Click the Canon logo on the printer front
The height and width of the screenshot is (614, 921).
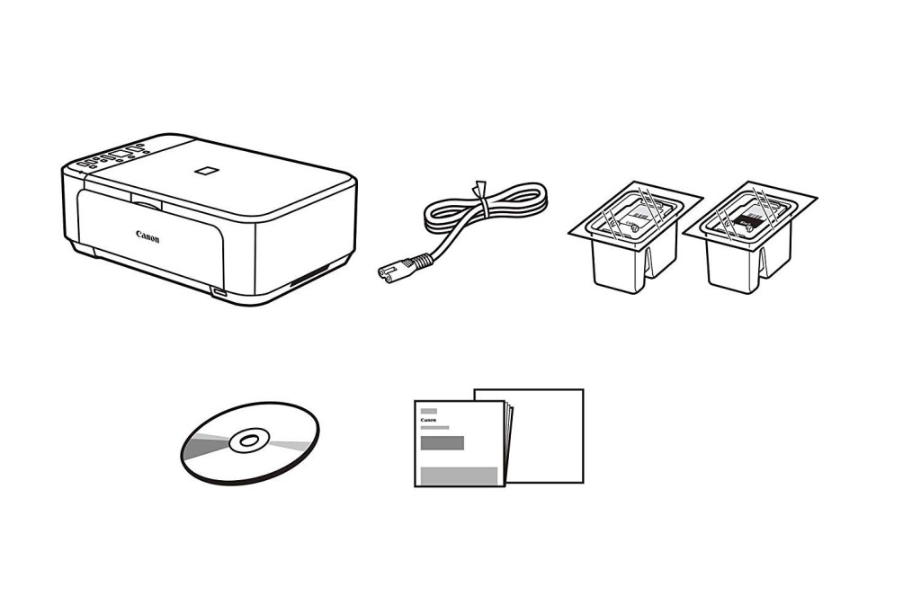click(148, 236)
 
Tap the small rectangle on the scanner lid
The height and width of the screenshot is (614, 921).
click(207, 170)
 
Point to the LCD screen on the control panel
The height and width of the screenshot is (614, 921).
click(120, 155)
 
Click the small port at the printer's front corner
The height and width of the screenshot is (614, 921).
click(219, 292)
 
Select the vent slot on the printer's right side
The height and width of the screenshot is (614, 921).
click(309, 275)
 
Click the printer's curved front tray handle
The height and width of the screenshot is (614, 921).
click(147, 204)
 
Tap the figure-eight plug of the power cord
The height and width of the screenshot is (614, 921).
click(389, 271)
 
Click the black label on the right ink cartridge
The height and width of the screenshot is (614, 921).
click(747, 220)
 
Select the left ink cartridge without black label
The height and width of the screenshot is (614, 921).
click(636, 236)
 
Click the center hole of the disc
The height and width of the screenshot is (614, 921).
click(249, 440)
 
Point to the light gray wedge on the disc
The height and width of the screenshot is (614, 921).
click(291, 445)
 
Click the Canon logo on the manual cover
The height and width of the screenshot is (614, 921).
click(429, 421)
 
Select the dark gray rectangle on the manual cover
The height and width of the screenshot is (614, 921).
click(443, 442)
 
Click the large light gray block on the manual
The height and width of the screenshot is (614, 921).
click(460, 476)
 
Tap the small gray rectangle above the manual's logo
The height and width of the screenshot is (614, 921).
click(429, 411)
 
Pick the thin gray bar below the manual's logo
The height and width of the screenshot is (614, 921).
click(435, 428)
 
